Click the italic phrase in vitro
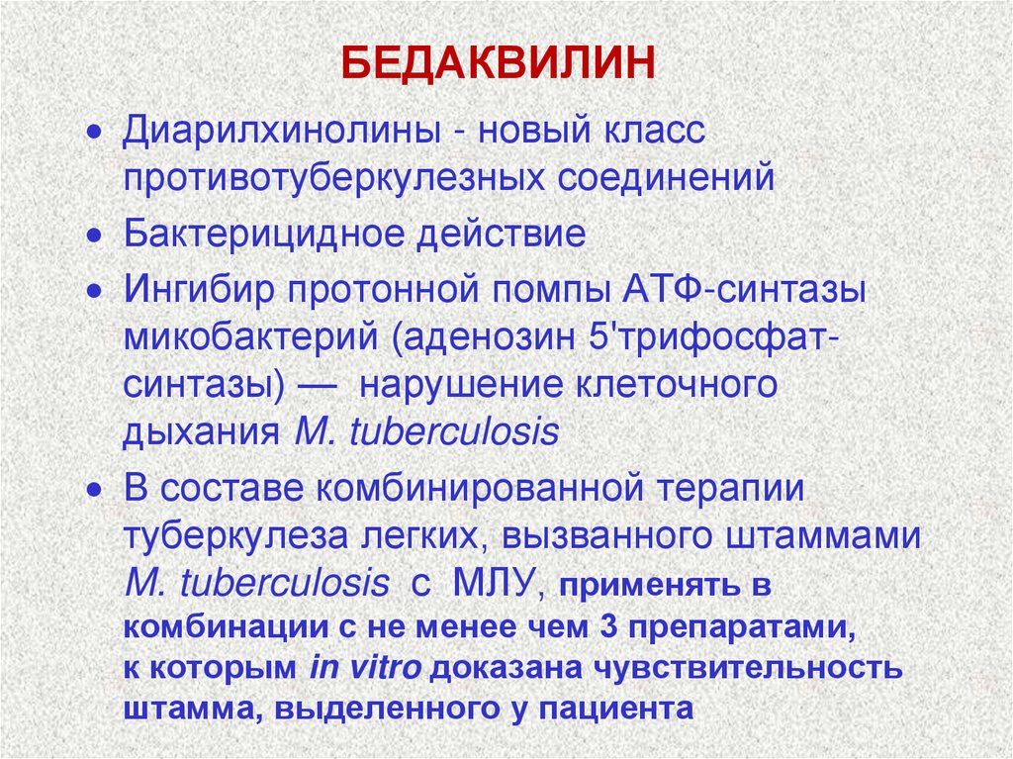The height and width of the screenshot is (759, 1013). [366, 668]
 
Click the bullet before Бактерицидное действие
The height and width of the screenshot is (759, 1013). [94, 237]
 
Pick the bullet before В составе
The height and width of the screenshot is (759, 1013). [94, 492]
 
